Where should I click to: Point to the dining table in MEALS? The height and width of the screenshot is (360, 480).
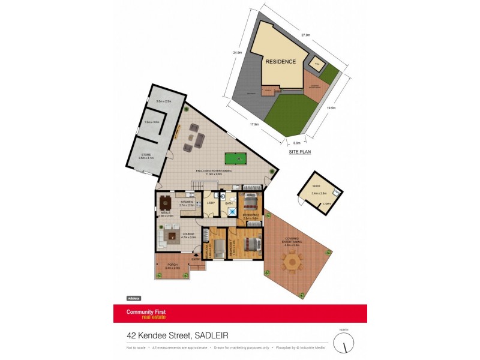click(x=166, y=201)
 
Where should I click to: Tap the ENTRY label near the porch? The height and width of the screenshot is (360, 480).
click(x=195, y=259)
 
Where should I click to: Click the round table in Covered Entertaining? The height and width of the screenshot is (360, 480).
click(x=292, y=261)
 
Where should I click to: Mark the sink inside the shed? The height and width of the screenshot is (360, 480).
click(x=336, y=193)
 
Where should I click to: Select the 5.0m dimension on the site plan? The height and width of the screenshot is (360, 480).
click(x=296, y=143)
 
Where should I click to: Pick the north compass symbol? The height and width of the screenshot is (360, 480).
click(x=344, y=343)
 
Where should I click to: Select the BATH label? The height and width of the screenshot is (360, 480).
click(x=229, y=204)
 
